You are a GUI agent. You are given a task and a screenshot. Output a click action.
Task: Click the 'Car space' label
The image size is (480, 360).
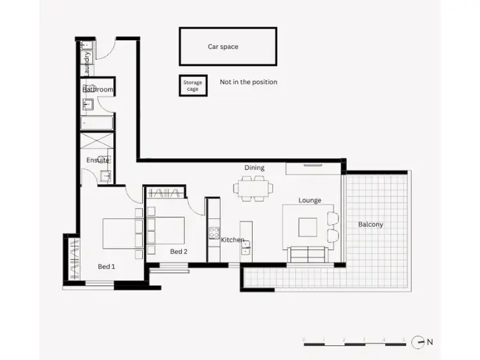pyautogui.click(x=223, y=47)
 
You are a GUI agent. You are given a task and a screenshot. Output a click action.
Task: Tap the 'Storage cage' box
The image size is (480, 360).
pyautogui.click(x=193, y=86)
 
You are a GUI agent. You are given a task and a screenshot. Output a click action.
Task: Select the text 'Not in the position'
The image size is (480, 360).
pyautogui.click(x=248, y=82)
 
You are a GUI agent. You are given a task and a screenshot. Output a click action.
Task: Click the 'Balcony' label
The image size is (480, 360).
pyautogui.click(x=371, y=224)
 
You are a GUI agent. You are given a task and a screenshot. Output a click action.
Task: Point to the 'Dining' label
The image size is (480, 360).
pyautogui.click(x=254, y=168)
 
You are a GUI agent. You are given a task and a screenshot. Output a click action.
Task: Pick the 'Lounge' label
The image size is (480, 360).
pyautogui.click(x=309, y=200)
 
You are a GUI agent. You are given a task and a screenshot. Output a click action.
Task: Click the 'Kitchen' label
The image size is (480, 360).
pyautogui.click(x=232, y=240)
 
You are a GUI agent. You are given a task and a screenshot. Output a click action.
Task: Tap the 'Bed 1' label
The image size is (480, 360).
pyautogui.click(x=106, y=266)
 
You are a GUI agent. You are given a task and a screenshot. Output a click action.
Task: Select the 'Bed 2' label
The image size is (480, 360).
pyautogui.click(x=179, y=251)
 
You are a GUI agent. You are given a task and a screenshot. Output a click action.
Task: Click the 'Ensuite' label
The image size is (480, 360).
pyautogui.click(x=97, y=160)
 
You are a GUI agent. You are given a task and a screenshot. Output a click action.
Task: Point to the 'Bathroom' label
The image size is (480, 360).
pyautogui.click(x=98, y=90)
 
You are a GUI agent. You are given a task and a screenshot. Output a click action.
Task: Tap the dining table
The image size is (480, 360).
pyautogui.click(x=253, y=188)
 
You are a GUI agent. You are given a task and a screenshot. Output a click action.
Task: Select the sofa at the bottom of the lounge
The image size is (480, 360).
pyautogui.click(x=308, y=254)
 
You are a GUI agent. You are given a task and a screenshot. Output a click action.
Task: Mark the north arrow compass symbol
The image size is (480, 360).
pyautogui.click(x=418, y=342)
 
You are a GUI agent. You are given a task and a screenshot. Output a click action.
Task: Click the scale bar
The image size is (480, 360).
pyautogui.click(x=353, y=345)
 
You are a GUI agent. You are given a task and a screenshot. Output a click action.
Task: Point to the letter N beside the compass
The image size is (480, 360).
pyautogui.click(x=430, y=342)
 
